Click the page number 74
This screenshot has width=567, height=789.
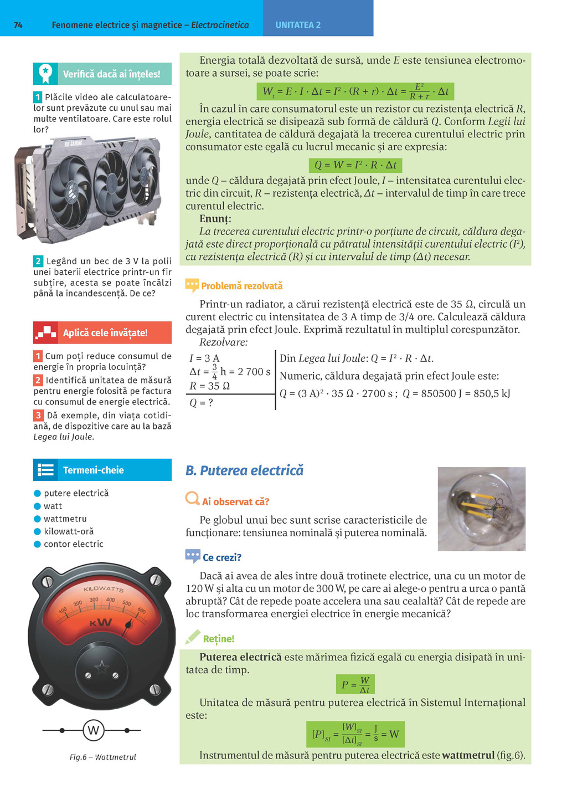[18, 25]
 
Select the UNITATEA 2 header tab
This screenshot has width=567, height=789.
[298, 25]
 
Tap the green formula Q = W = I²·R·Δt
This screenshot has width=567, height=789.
[355, 165]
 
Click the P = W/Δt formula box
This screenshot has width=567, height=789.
[355, 684]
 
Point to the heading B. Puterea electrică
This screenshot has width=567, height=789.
[244, 470]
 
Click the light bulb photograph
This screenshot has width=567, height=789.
[481, 509]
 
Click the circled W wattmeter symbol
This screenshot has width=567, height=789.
[93, 730]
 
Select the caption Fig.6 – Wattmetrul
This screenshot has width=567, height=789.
[102, 757]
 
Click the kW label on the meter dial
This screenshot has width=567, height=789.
[101, 623]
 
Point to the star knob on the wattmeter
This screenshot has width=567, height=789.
[101, 668]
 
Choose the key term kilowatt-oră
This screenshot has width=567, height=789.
[69, 531]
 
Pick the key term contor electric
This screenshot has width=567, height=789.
[73, 544]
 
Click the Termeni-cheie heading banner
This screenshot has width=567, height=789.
[102, 470]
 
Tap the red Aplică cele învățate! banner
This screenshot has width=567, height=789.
[102, 332]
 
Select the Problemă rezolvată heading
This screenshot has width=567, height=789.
[241, 286]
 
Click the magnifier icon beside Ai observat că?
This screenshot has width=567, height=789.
[192, 498]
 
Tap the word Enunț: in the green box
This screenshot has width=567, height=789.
[215, 218]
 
